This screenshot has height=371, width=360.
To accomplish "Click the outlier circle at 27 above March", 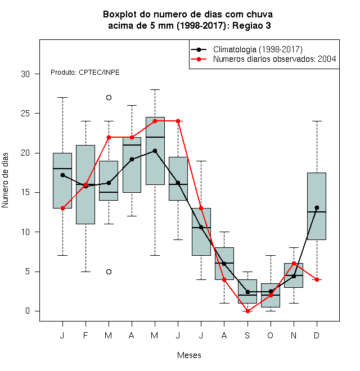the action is tap(109, 97).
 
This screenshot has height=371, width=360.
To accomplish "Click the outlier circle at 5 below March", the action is tap(109, 272).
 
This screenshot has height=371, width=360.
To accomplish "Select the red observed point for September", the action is tap(247, 311).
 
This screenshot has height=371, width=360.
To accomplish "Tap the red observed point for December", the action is tap(317, 279).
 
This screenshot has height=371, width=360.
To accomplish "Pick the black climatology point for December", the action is tap(317, 208).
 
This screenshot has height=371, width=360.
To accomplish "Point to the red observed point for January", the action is tap(62, 208).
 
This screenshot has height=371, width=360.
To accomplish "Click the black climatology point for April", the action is tap(132, 159).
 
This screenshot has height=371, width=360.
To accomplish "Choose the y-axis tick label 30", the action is tap(25, 74).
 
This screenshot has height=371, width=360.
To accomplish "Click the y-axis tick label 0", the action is tap(28, 311).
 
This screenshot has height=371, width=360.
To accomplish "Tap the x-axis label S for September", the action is tap(247, 335).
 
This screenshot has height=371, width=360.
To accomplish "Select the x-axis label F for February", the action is tap(85, 335).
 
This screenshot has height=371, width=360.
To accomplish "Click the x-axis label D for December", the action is tap(317, 335).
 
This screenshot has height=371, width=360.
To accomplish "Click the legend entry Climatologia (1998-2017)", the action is tap(258, 49).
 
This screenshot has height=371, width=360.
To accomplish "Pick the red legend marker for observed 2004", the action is tap(199, 59).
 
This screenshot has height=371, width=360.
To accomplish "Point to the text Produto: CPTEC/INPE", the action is tap(85, 73).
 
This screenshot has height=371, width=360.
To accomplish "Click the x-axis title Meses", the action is tap(189, 355).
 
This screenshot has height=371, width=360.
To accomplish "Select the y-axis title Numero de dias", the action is tap(5, 180).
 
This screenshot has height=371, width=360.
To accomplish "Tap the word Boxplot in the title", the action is tap(120, 15).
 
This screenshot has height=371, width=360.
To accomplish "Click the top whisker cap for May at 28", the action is tap(155, 90).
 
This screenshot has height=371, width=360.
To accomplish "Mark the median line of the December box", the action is tap(317, 212).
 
